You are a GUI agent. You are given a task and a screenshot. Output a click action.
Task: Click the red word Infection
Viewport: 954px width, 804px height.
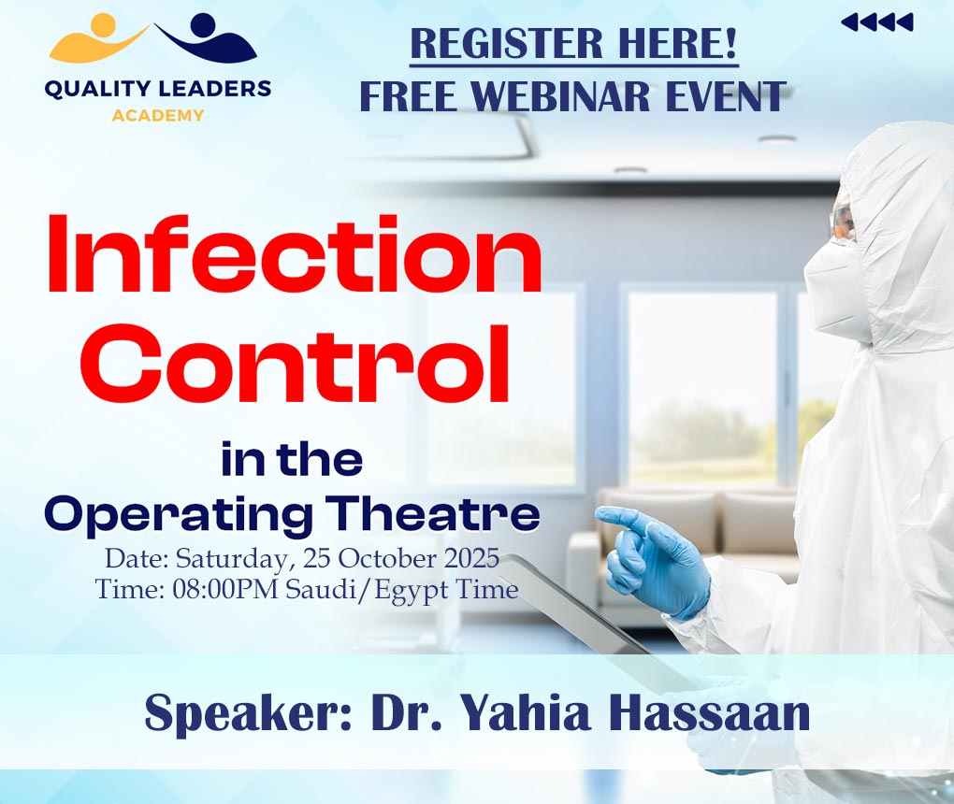click(x=295, y=254)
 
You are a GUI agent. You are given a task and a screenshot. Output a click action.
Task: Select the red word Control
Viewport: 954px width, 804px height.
click(x=302, y=364)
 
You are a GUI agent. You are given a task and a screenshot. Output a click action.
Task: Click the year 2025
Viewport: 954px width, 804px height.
click(x=471, y=558)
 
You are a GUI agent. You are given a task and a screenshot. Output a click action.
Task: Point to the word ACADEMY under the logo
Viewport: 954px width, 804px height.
click(x=157, y=115)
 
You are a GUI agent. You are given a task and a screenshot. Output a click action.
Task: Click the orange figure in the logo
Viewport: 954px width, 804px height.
click(x=99, y=39)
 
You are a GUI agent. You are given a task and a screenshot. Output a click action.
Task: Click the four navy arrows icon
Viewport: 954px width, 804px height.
click(x=877, y=22)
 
